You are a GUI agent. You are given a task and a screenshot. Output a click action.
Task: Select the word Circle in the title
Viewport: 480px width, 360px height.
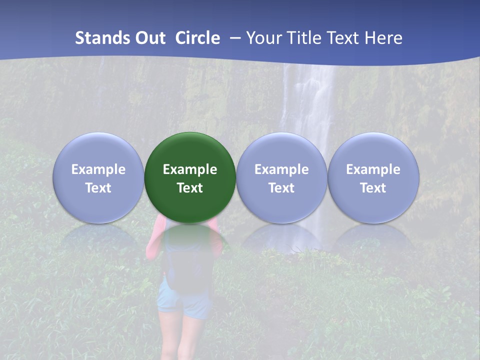(197, 38)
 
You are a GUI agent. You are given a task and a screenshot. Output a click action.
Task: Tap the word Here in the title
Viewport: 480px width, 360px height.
(384, 38)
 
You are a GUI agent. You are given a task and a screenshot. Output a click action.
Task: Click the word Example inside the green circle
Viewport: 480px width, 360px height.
(190, 169)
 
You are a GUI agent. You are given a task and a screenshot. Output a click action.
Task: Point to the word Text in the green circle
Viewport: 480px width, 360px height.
(190, 188)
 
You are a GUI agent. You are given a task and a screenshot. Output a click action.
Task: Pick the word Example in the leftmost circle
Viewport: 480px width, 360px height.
(98, 169)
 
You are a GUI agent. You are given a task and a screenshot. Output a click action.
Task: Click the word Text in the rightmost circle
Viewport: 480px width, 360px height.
(373, 188)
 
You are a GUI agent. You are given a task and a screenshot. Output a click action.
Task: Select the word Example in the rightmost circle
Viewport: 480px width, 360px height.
(373, 169)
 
